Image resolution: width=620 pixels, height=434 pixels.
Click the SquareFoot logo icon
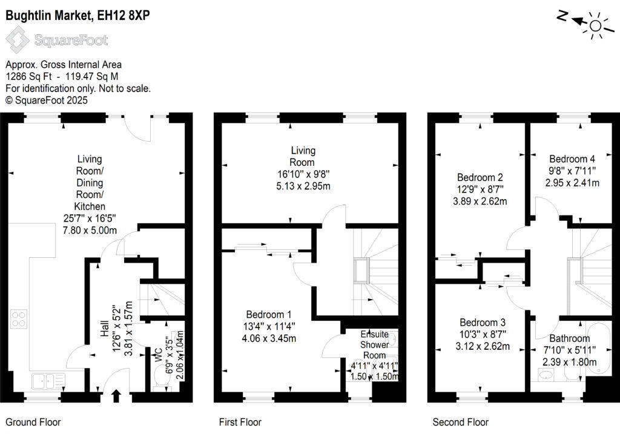(18, 41)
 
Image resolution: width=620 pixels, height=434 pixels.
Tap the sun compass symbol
(596, 25)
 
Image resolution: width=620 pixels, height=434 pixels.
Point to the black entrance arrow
(116, 397)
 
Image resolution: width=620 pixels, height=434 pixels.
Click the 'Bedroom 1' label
(269, 315)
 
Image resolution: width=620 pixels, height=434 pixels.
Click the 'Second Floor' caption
(460, 422)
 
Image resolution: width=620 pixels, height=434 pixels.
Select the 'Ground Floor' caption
(33, 422)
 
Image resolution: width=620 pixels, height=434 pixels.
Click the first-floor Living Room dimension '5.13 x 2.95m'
(303, 186)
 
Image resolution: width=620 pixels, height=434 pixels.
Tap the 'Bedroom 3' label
(483, 322)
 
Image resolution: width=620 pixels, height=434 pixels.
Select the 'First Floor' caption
(240, 422)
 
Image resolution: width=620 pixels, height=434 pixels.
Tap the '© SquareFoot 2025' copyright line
(47, 100)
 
